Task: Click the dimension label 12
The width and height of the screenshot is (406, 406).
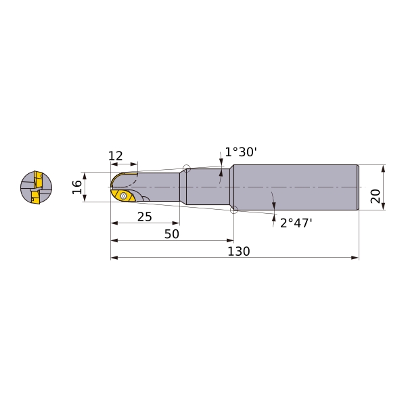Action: (116, 156)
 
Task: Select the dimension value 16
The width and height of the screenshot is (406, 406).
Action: (77, 187)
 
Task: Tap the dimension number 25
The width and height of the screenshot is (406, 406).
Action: (145, 217)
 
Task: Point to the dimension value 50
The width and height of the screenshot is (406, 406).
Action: (172, 234)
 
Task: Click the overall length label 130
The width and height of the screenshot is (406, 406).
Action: (238, 251)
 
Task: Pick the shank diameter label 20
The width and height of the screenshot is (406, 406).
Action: (375, 196)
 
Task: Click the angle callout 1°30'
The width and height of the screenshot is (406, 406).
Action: (240, 152)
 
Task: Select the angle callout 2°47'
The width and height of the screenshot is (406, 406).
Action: (296, 223)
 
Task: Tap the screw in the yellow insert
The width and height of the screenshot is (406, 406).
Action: (124, 196)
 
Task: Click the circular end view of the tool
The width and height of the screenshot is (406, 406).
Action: (37, 187)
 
